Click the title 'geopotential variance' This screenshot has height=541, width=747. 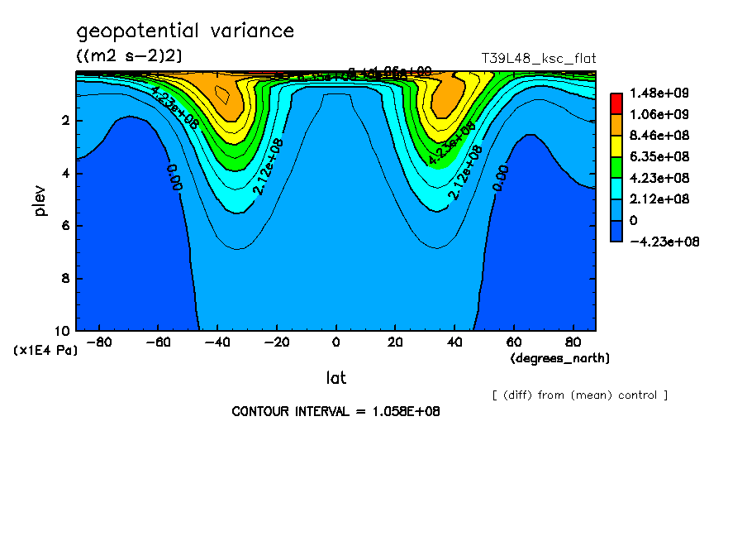[185, 31]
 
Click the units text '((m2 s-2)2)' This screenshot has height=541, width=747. [129, 55]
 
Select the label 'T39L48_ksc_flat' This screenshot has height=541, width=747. [539, 59]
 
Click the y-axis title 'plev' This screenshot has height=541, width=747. [40, 200]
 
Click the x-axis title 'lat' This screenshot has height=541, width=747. [335, 378]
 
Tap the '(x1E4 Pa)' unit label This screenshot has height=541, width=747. [45, 350]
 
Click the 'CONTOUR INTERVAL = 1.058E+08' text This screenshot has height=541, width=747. [335, 411]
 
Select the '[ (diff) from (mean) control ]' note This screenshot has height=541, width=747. [580, 395]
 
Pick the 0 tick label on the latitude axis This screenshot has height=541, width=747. [335, 342]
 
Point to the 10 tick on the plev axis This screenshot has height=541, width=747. [64, 330]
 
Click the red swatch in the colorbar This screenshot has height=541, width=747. [616, 103]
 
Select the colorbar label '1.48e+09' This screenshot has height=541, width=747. [653, 93]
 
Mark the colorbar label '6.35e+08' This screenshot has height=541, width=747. [653, 156]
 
